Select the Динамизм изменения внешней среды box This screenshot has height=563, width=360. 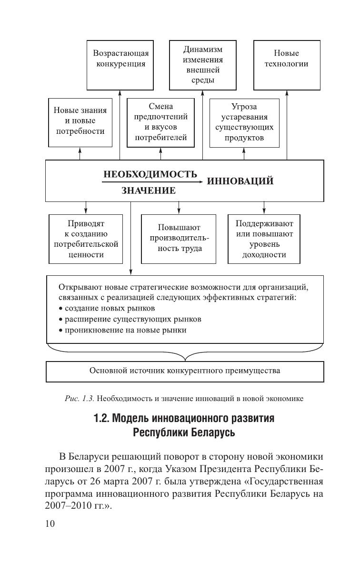point(203,64)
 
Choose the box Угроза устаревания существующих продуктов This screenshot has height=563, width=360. point(244,122)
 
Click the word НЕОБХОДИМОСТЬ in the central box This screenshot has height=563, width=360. point(150,174)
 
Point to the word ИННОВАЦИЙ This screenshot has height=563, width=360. point(240,181)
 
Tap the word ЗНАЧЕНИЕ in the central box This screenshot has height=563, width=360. point(149,191)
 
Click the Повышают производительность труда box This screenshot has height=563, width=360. point(179,238)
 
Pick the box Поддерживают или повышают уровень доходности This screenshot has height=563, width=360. point(264,239)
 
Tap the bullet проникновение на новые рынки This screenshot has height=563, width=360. point(122,330)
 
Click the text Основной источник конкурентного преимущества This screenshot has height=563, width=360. point(184,370)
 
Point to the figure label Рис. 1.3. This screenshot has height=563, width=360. point(75,398)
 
